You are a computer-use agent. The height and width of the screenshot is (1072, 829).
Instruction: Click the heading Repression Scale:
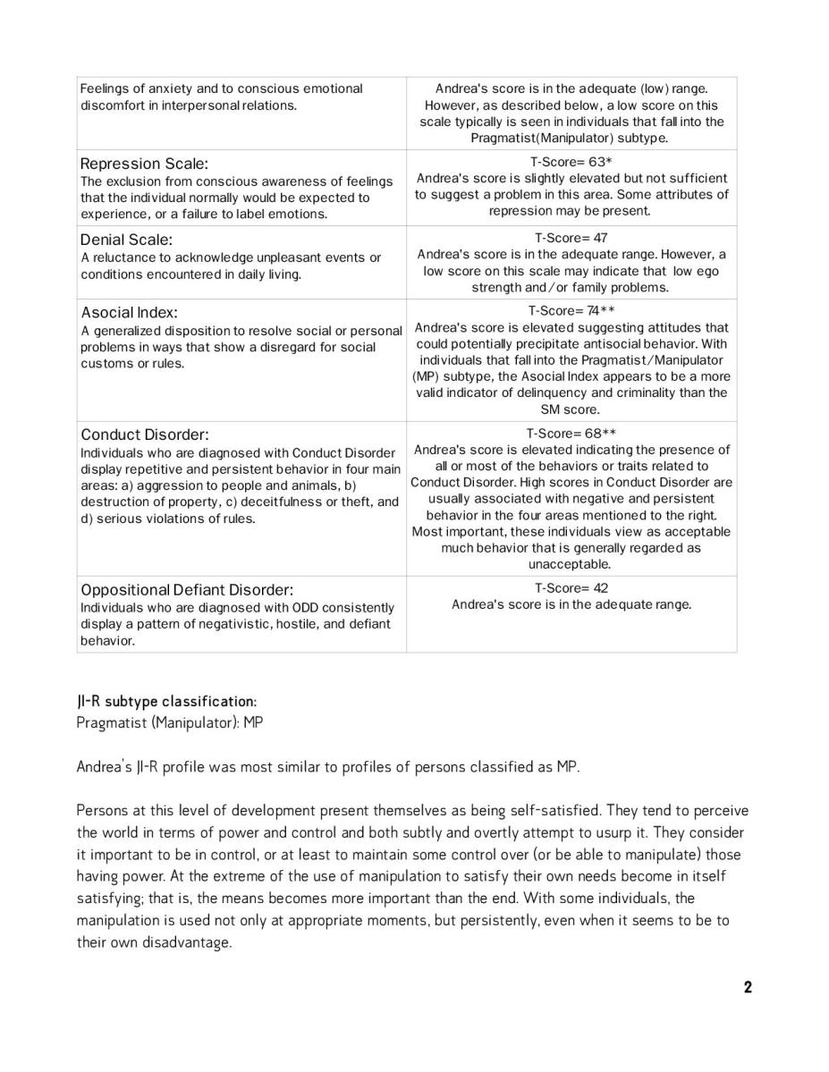point(144,164)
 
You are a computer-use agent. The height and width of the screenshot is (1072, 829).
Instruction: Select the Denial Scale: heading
point(127,240)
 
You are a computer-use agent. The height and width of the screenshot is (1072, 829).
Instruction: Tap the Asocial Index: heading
point(130,313)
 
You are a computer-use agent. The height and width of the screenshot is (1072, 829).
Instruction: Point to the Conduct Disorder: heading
point(145,435)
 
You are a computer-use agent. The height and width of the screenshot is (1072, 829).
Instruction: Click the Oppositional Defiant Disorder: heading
point(187,590)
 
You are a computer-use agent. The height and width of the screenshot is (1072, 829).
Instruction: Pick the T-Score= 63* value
point(571,162)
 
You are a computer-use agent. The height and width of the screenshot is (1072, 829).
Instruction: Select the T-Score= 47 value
point(571,238)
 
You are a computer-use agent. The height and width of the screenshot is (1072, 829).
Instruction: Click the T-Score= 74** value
point(571,311)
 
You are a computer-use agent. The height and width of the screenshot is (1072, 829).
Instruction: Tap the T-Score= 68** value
point(571,434)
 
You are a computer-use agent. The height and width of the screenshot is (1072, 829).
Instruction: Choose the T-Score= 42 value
point(571,588)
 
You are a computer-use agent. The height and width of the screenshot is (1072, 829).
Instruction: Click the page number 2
point(748,987)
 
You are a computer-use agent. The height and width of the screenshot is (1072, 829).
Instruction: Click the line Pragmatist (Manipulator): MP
point(170,722)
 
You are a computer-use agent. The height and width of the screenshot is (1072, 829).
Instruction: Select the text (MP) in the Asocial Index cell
point(428,376)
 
